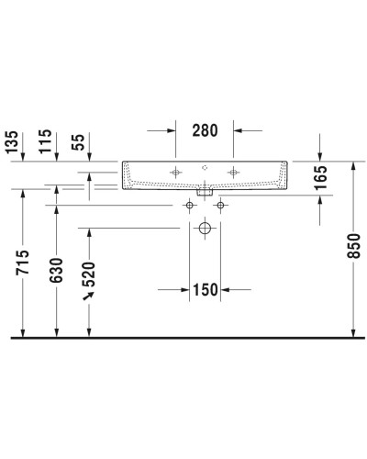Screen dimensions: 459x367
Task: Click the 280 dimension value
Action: (205, 130)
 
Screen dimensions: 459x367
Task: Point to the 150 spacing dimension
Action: (205, 290)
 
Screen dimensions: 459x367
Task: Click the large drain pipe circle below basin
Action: (205, 227)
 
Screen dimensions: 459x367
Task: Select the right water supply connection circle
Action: (218, 206)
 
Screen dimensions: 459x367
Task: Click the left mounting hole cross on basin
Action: (174, 171)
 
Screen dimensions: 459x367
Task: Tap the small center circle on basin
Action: (205, 169)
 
